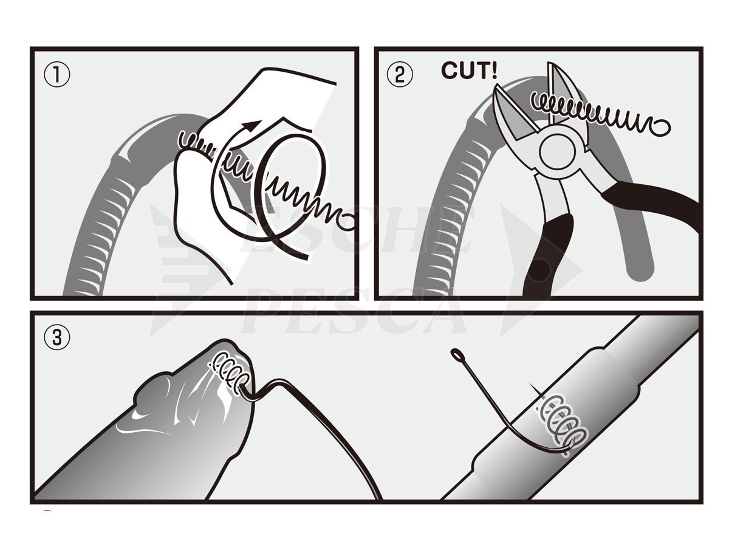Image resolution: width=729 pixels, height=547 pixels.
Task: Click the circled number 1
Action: click(57, 75)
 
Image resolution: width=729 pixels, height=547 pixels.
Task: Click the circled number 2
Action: click(400, 75)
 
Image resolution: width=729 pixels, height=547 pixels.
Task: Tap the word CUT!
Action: click(469, 71)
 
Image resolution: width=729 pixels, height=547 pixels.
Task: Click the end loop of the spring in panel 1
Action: click(346, 224)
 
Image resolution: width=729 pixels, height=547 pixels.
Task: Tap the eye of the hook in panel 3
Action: click(457, 354)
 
